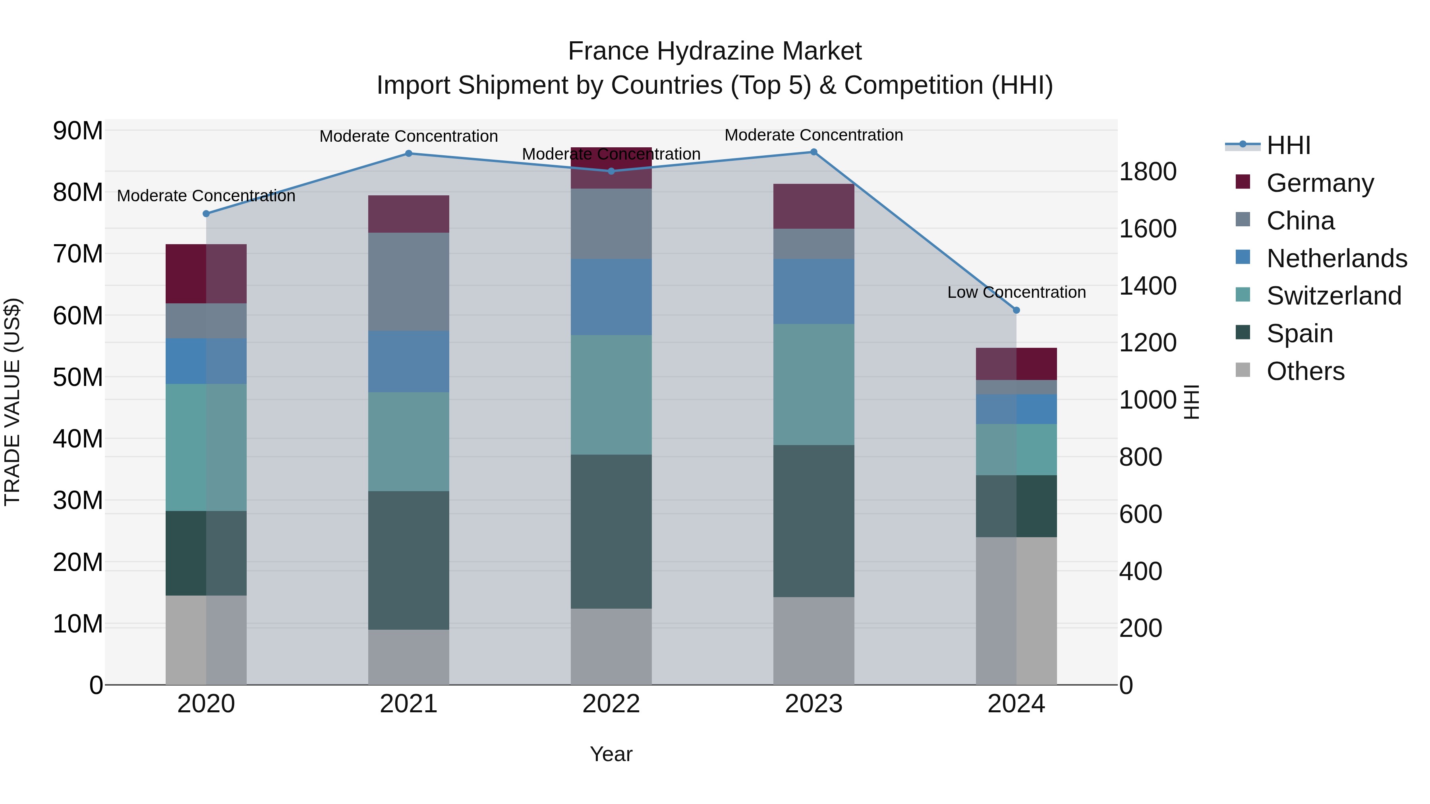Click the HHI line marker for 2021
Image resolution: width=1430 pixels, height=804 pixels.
point(409,153)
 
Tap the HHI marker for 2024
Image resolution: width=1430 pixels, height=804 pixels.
point(1016,310)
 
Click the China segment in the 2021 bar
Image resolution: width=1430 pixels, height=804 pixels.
point(409,281)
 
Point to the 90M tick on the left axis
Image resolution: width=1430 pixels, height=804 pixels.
point(78,131)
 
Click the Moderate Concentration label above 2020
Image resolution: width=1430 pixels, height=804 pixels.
point(206,196)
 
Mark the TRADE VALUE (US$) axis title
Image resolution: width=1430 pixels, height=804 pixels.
point(13,402)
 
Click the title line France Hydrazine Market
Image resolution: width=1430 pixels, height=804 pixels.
point(715,51)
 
